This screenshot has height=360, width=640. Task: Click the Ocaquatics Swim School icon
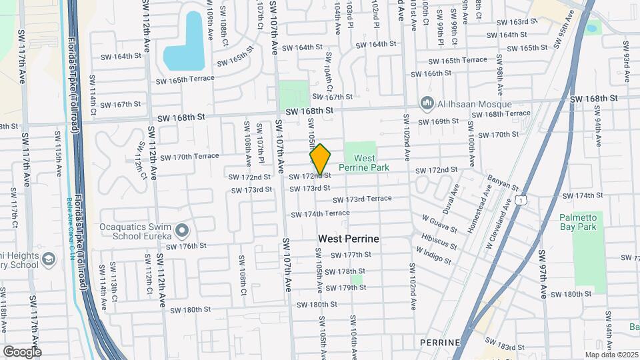183,231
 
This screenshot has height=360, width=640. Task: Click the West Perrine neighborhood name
348,238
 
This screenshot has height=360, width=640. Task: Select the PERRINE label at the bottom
437,341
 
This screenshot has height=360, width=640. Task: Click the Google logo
21,351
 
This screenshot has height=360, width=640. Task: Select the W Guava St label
439,224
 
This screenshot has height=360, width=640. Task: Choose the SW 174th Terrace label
320,213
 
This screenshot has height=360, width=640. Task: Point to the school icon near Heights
49,258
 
